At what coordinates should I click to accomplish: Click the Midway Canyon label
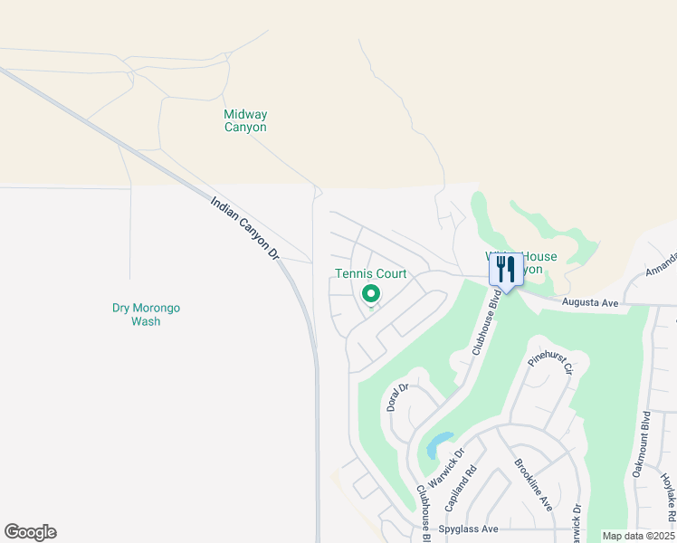pos(245,121)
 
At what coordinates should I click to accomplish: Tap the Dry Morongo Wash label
pos(146,314)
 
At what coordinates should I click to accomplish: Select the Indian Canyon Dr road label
pos(245,230)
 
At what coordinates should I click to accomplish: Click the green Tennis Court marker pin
pos(370,294)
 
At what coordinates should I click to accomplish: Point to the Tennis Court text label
pos(370,273)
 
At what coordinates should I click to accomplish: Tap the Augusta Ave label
pos(589,303)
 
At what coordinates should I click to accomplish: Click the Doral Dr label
pos(398,398)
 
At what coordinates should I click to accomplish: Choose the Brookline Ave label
pos(533,485)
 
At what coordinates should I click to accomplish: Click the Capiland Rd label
pos(472,486)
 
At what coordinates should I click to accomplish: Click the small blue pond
pos(438,444)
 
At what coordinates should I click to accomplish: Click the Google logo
pos(30,532)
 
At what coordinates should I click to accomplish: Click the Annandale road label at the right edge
pos(661,263)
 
